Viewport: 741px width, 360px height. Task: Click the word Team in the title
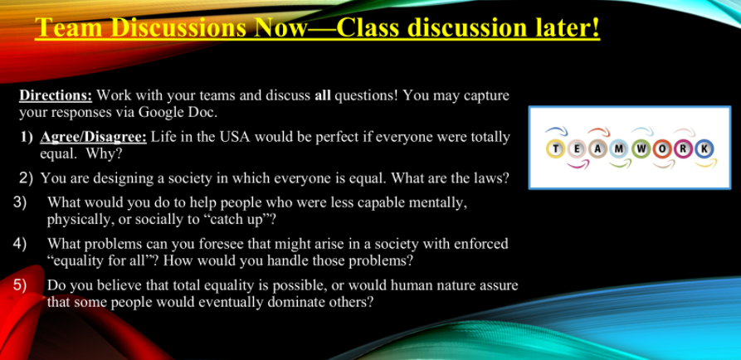69,28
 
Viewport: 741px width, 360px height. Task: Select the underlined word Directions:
56,95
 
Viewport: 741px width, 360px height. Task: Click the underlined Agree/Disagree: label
94,137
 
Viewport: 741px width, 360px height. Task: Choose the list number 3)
19,202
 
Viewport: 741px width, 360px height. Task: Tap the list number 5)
19,286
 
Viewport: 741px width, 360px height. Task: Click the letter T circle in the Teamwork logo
555,148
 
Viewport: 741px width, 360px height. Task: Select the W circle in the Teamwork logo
641,148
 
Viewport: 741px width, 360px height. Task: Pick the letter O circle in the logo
662,148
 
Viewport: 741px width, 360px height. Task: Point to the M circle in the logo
620,148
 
